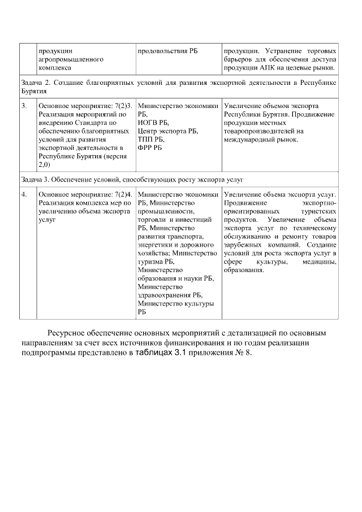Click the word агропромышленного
pos(70,59)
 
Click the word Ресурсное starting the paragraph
pos(67,333)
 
